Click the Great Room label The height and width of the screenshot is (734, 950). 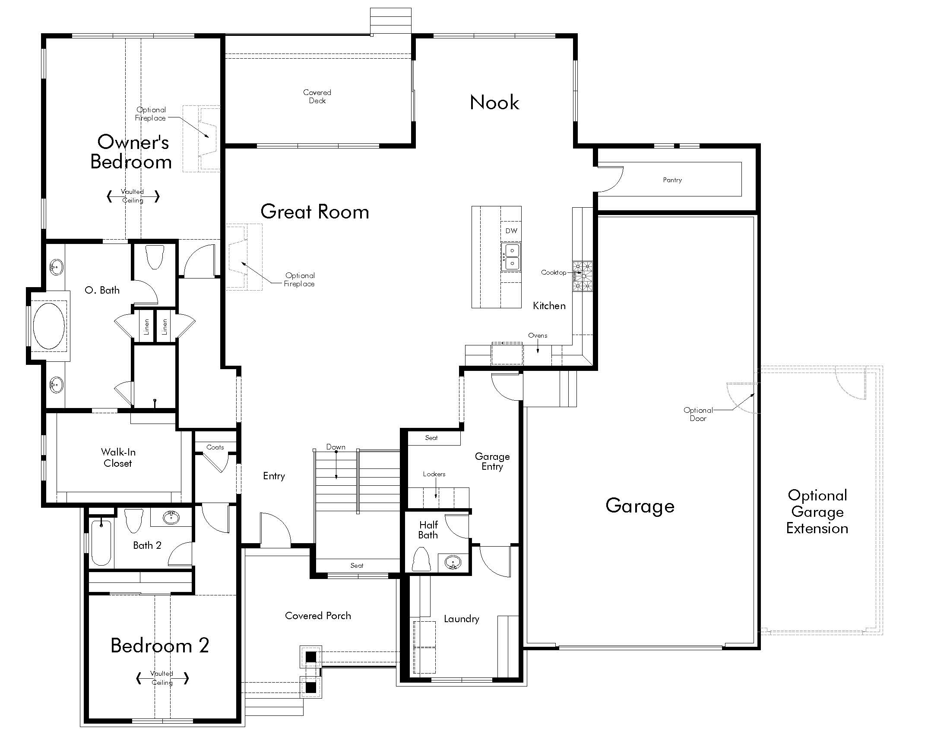pyautogui.click(x=314, y=212)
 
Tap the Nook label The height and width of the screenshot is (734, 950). pyautogui.click(x=494, y=103)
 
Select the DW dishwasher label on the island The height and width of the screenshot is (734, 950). pyautogui.click(x=511, y=231)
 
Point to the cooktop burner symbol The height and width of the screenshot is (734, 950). pyautogui.click(x=583, y=276)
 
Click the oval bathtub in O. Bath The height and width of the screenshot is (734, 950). pyautogui.click(x=49, y=326)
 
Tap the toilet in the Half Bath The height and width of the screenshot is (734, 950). pyautogui.click(x=421, y=559)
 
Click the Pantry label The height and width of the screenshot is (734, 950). pyautogui.click(x=672, y=180)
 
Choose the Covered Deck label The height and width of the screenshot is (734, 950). pyautogui.click(x=317, y=97)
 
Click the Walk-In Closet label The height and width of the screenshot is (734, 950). pyautogui.click(x=118, y=457)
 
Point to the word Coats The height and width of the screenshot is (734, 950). pyautogui.click(x=215, y=447)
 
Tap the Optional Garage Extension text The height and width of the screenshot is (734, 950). pyautogui.click(x=817, y=512)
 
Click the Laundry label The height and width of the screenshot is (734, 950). pyautogui.click(x=462, y=619)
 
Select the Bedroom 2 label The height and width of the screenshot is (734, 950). pyautogui.click(x=160, y=645)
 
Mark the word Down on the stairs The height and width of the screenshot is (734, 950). pyautogui.click(x=336, y=447)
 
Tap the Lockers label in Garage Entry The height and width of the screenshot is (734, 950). pyautogui.click(x=434, y=474)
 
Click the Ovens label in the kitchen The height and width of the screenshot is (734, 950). pyautogui.click(x=538, y=335)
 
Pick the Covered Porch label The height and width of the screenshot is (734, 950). pyautogui.click(x=318, y=616)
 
